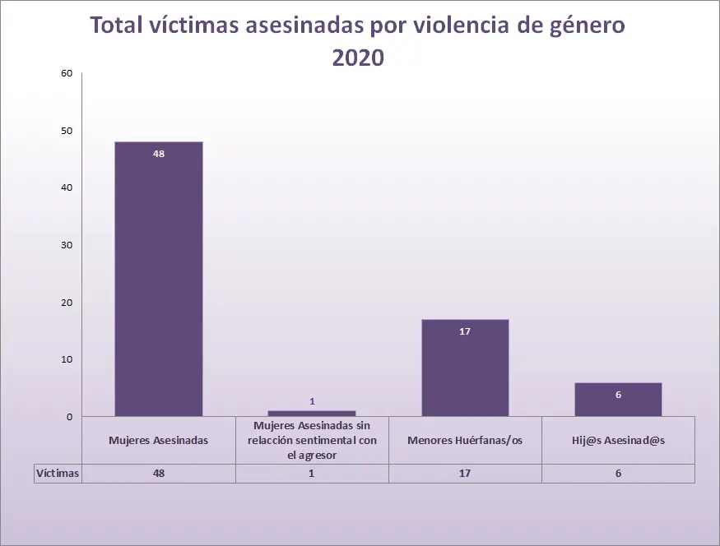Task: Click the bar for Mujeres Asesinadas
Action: [159, 280]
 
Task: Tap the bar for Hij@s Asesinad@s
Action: [618, 400]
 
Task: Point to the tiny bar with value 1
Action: [312, 413]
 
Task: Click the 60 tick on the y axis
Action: [67, 73]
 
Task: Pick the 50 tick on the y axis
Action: [67, 131]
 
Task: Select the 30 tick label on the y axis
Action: [67, 245]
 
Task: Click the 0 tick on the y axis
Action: [70, 417]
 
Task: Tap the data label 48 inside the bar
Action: [159, 153]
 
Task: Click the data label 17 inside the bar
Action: [465, 331]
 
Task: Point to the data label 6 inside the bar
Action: [618, 395]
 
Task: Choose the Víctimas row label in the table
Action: [57, 474]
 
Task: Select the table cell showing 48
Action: [159, 474]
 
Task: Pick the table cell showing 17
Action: [465, 474]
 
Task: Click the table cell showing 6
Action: [618, 474]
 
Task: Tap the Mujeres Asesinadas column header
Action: [159, 440]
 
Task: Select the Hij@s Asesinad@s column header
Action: [618, 440]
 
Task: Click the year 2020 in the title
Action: [358, 58]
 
